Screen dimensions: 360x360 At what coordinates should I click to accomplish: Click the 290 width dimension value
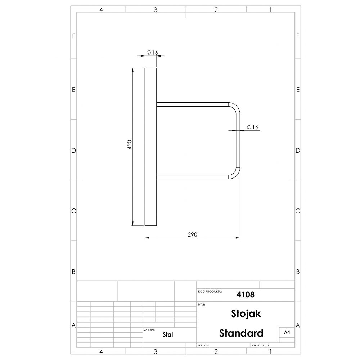point(192,234)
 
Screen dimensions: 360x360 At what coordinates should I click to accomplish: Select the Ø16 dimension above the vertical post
point(153,53)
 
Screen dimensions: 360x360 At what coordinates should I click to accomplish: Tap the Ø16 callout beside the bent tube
point(253,127)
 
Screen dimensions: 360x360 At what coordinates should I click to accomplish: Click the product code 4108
point(246,294)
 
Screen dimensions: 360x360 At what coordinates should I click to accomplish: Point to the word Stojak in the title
point(246,314)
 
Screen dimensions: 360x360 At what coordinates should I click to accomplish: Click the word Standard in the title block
point(241,333)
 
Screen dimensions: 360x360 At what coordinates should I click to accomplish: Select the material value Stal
point(168,334)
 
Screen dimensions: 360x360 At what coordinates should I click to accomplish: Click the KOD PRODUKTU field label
point(210,291)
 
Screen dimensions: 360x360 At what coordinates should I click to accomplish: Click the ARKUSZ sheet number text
point(260,345)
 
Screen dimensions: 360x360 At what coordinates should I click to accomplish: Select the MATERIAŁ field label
point(149,329)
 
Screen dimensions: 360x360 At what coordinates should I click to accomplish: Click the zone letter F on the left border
point(73,36)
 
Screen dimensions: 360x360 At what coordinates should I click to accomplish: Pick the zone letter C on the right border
point(298,211)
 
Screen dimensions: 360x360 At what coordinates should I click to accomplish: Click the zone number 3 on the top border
point(156,10)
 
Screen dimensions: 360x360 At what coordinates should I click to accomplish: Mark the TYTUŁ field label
point(202,305)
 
